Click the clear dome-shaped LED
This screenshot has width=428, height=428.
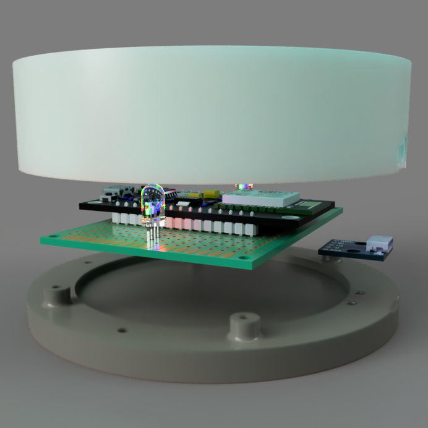(x=152, y=202)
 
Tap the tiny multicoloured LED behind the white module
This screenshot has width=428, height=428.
(x=244, y=185)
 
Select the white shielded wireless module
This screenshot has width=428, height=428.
(x=260, y=197)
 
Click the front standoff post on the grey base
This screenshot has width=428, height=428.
(x=243, y=326)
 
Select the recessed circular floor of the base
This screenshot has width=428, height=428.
(x=204, y=291)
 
